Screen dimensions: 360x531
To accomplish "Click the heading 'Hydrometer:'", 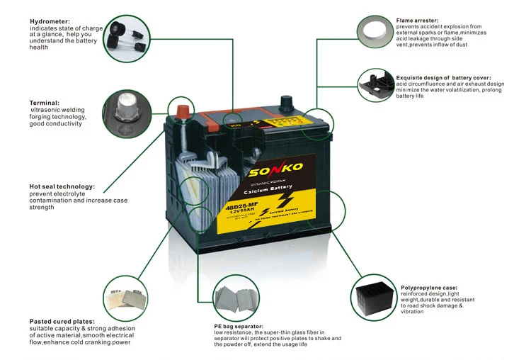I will tap(49, 20).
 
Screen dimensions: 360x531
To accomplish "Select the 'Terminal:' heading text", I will tap(45, 102).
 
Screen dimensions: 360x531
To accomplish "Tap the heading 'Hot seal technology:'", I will tap(62, 187).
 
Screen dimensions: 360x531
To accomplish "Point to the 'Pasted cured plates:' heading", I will tap(62, 321).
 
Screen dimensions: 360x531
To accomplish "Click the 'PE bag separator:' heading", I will tap(239, 325).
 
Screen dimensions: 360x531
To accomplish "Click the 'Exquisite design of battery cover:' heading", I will tap(443, 77).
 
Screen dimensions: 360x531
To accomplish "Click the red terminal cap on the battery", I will tap(181, 111).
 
